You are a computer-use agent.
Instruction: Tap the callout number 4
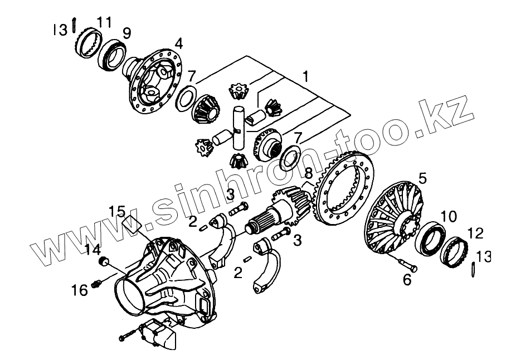(x=178, y=43)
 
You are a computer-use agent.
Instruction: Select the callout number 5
(x=422, y=179)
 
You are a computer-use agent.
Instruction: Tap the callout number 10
(x=449, y=215)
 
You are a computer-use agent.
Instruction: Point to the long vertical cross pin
(x=238, y=128)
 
